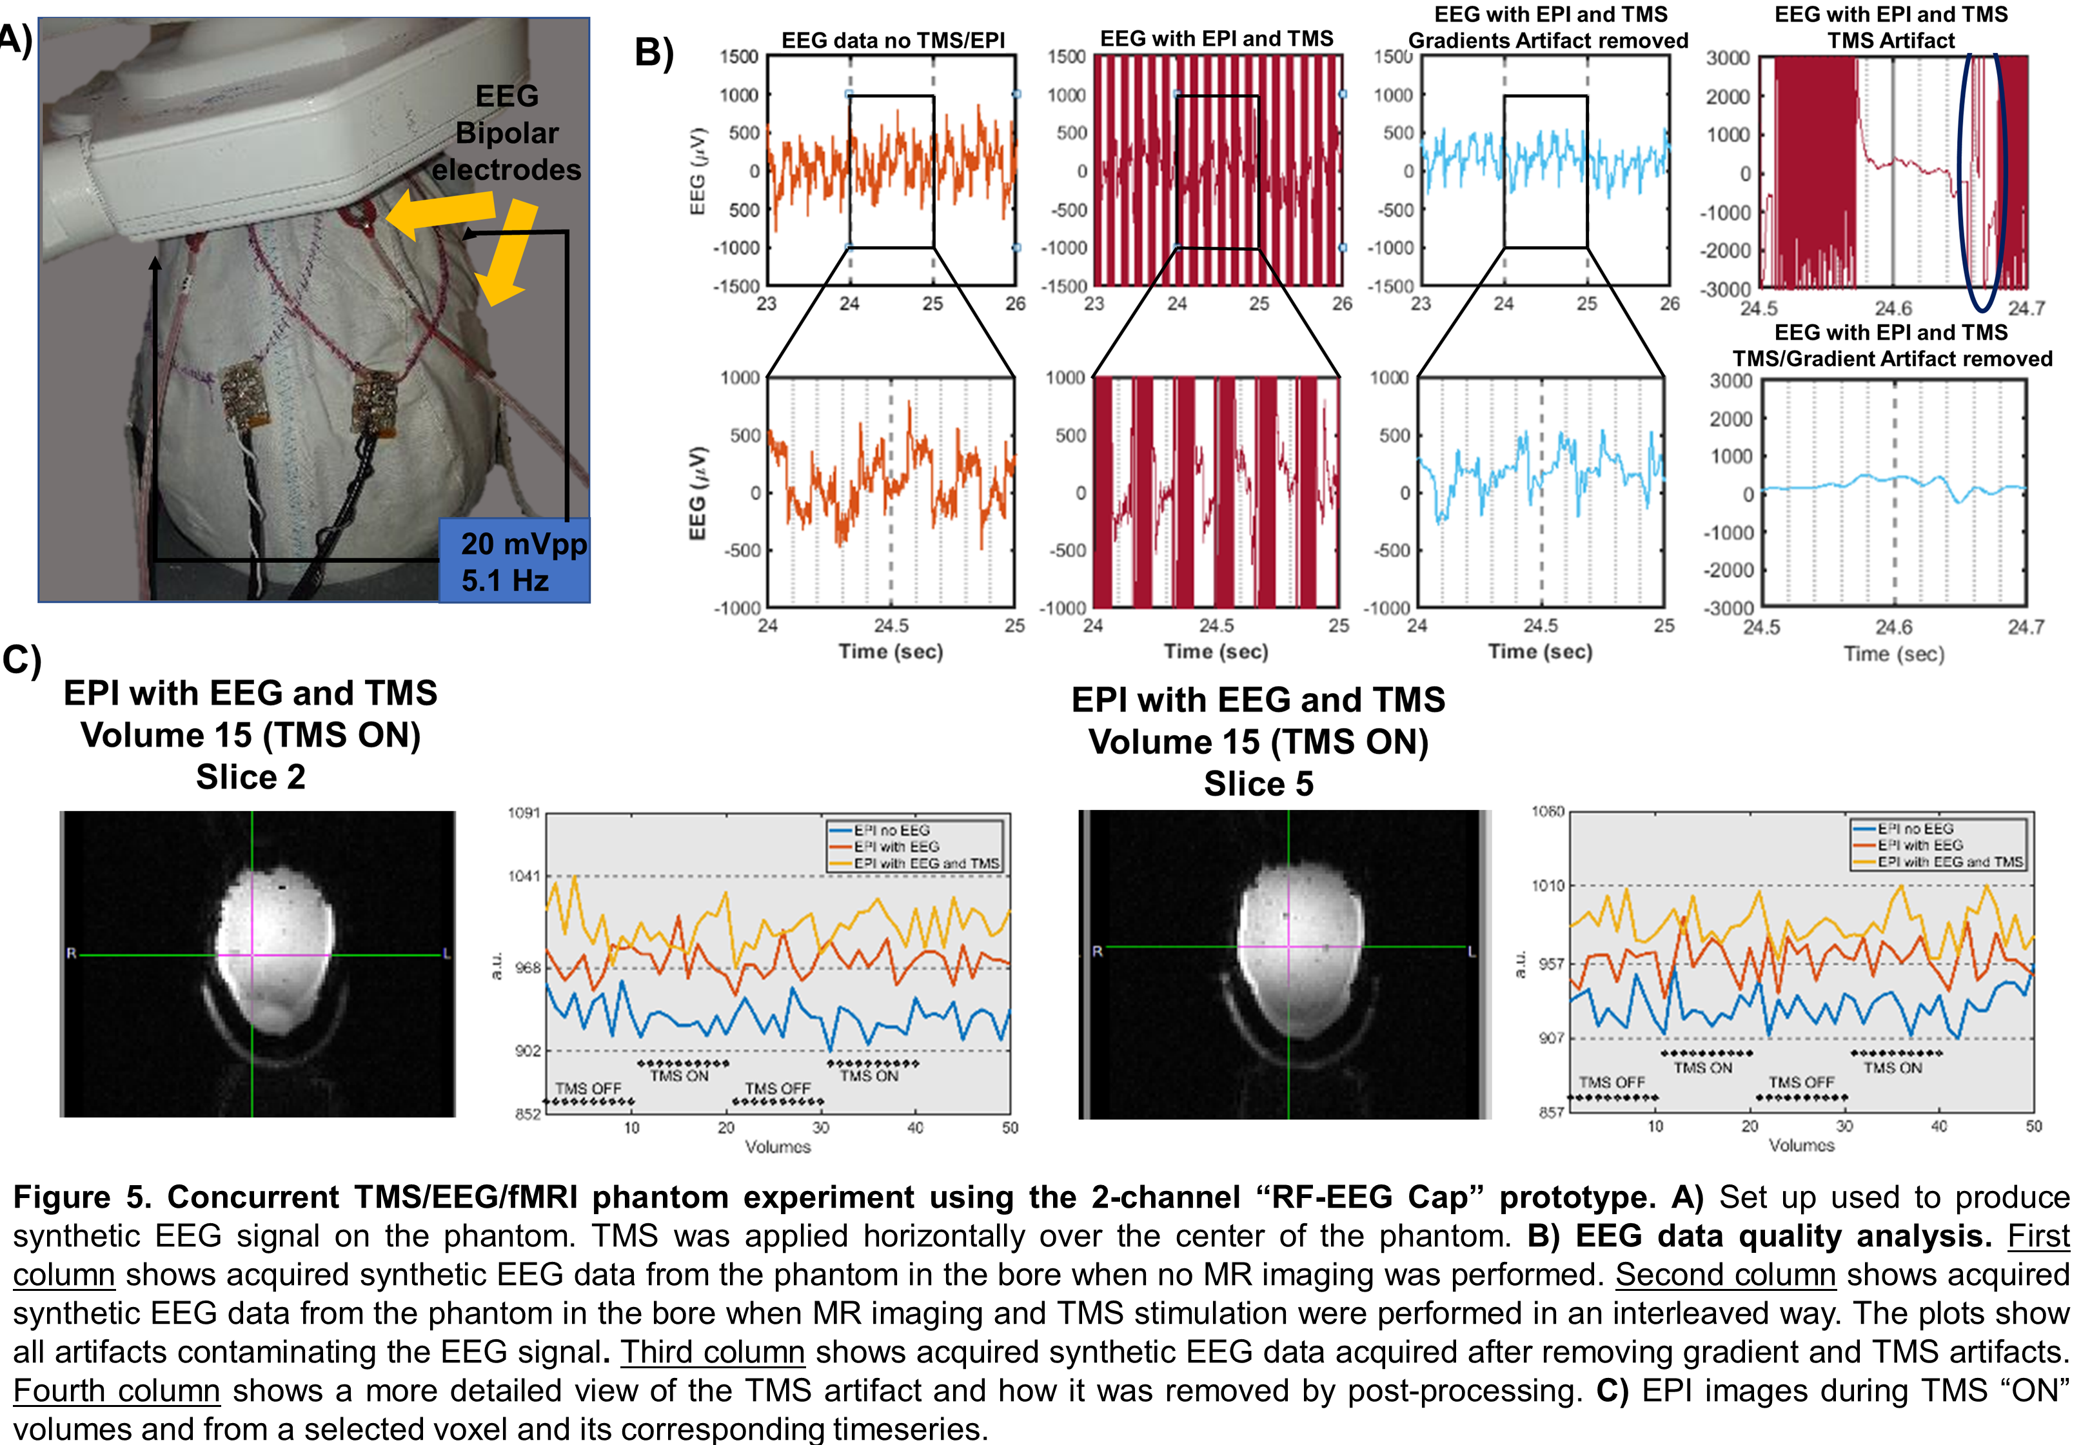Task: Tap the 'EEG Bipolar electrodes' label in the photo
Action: pos(506,132)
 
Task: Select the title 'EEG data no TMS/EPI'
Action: pos(893,41)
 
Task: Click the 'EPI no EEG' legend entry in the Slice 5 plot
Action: pos(1915,829)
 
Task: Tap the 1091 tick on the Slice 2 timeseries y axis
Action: pos(524,813)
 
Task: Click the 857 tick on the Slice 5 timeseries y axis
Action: pos(1552,1112)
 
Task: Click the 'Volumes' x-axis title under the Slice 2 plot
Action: pos(778,1147)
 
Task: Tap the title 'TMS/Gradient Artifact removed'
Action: pos(1892,359)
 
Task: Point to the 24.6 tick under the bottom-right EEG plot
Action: pos(1893,627)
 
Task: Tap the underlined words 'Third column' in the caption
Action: pos(713,1352)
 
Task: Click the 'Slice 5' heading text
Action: pos(1258,784)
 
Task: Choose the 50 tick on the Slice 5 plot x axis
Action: pos(2034,1126)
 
